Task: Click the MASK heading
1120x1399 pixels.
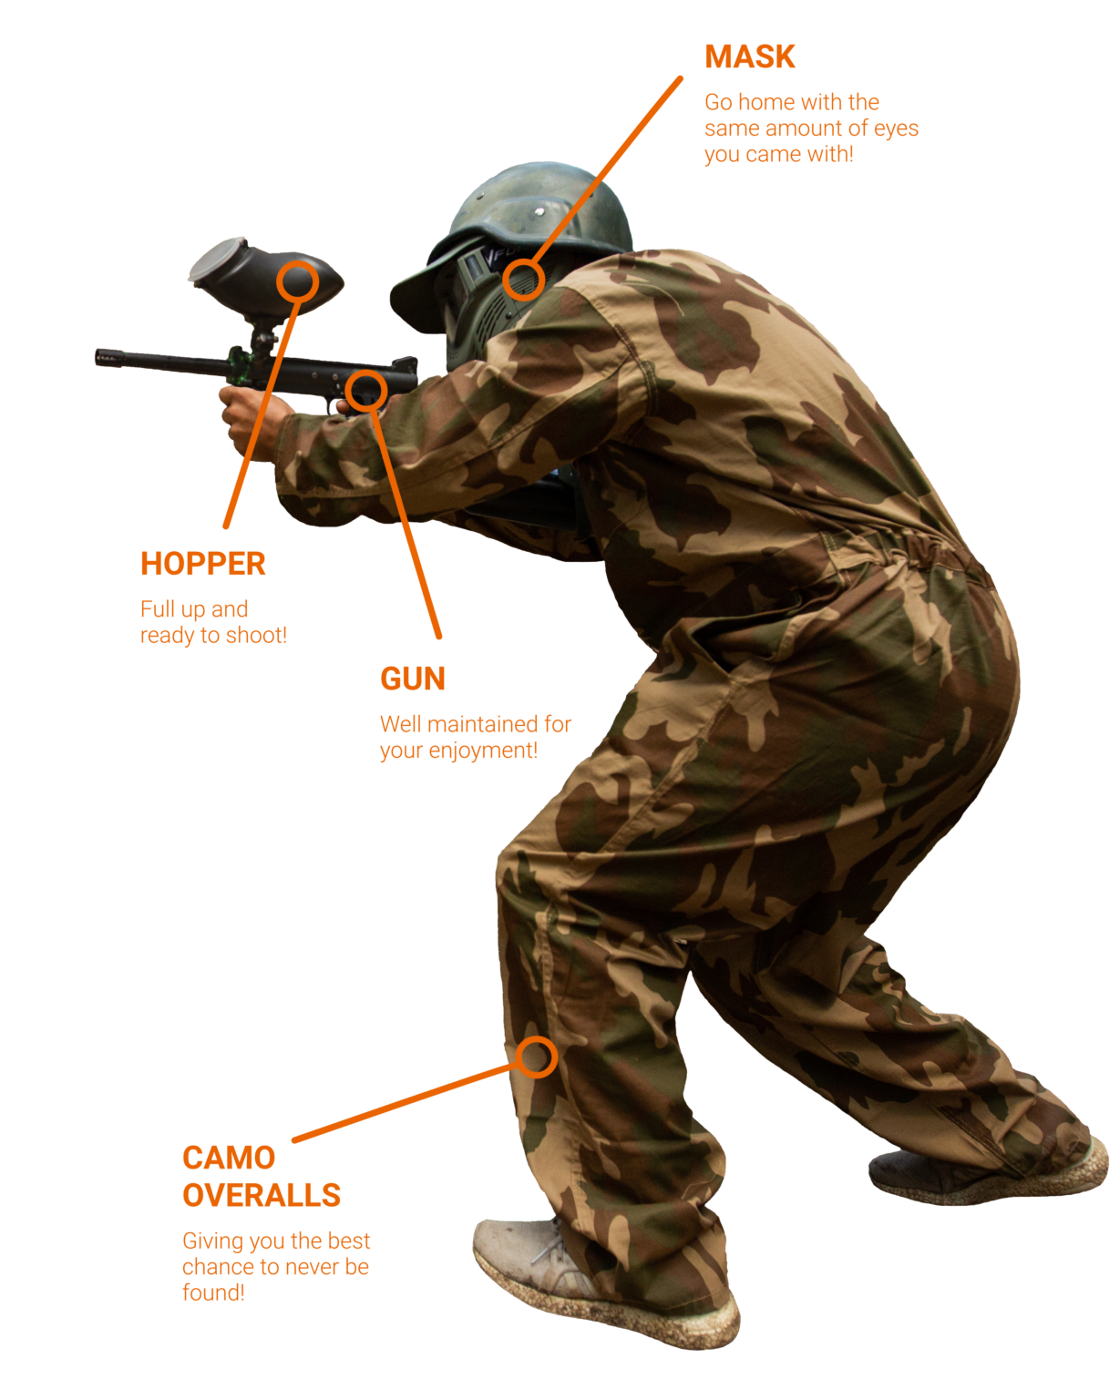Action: (749, 56)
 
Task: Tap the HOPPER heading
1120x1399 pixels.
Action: (203, 564)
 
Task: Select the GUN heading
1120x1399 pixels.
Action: (413, 679)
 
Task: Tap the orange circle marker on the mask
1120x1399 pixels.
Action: (523, 280)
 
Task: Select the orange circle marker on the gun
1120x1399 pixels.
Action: (366, 391)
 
